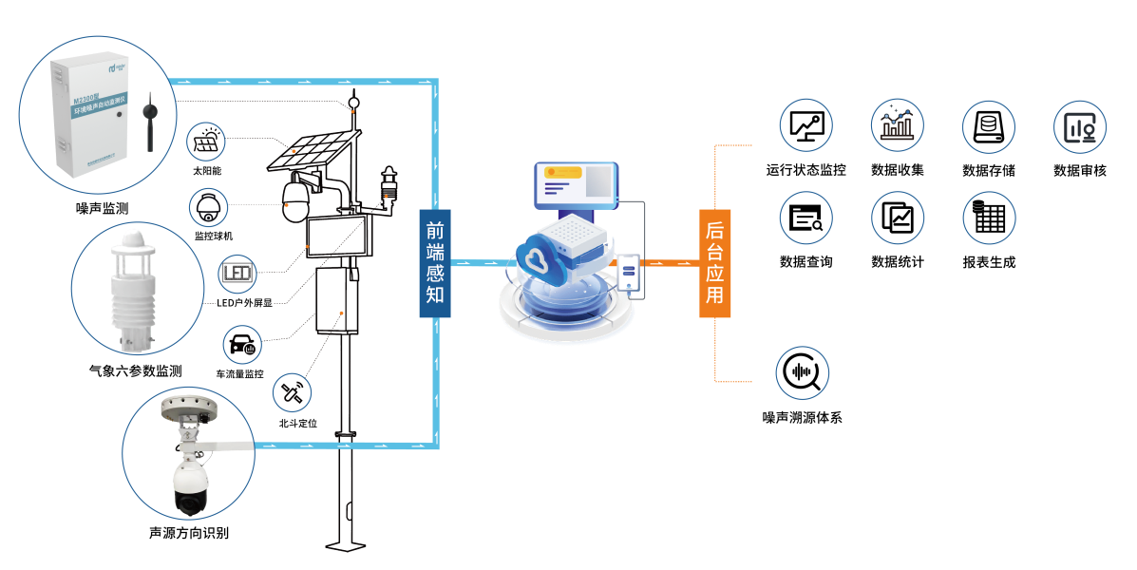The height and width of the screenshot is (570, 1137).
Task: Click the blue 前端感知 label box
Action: coord(435,263)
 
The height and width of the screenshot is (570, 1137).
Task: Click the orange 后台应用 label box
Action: coord(714,263)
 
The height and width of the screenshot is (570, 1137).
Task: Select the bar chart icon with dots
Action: coord(897,125)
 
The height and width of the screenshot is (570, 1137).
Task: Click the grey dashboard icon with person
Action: coord(1080,127)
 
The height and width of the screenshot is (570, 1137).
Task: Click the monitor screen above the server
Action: coord(576,185)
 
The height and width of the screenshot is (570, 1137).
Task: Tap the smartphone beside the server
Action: coord(628,272)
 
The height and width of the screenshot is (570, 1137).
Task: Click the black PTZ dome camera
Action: coord(189,485)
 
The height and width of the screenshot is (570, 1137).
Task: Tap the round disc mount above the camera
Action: coord(189,408)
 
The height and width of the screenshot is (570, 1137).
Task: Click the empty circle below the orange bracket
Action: coord(803,372)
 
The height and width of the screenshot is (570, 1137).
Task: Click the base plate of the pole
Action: coord(346,546)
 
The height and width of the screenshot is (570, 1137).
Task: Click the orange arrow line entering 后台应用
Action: coord(671,263)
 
